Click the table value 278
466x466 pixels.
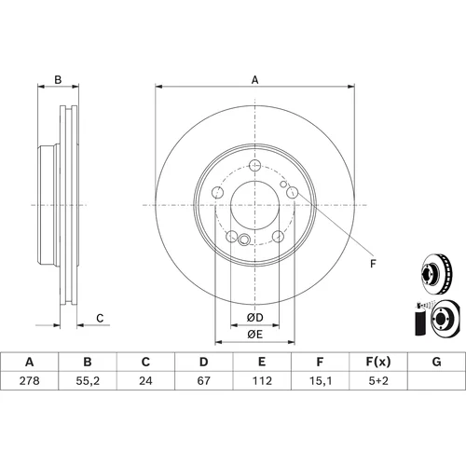pyautogui.click(x=30, y=380)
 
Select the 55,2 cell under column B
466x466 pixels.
pyautogui.click(x=88, y=381)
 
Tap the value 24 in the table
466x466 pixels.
pyautogui.click(x=145, y=380)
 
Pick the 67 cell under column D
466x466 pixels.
pyautogui.click(x=204, y=380)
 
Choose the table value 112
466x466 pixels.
pyautogui.click(x=262, y=380)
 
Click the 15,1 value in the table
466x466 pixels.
pyautogui.click(x=320, y=381)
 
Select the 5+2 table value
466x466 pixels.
pyautogui.click(x=378, y=380)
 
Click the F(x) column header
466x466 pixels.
pyautogui.click(x=378, y=362)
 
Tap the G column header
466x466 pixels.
pyautogui.click(x=436, y=362)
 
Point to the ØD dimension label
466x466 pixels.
pyautogui.click(x=255, y=318)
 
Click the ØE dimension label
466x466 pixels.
pyautogui.click(x=255, y=335)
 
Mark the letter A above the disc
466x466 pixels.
pyautogui.click(x=254, y=80)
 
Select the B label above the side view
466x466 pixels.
pyautogui.click(x=58, y=80)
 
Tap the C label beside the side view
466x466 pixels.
pyautogui.click(x=100, y=319)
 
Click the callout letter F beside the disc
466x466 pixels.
pyautogui.click(x=373, y=264)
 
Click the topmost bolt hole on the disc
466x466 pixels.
pyautogui.click(x=255, y=165)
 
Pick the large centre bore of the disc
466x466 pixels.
pyautogui.click(x=255, y=205)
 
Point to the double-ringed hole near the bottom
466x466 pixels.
pyautogui.click(x=244, y=240)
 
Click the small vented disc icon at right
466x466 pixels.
pyautogui.click(x=435, y=274)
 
